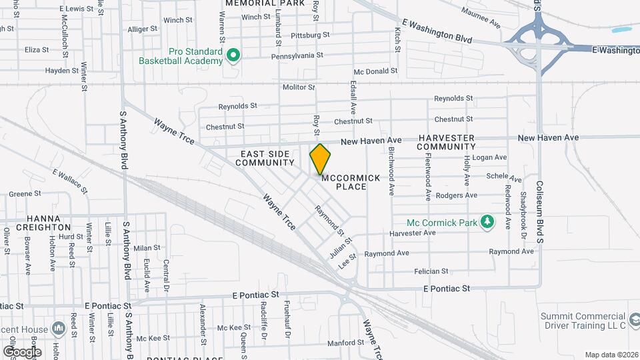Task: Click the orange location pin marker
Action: click(320, 159)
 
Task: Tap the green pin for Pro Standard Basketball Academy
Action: click(233, 55)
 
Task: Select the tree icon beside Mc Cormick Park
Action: click(488, 221)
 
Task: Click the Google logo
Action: click(21, 351)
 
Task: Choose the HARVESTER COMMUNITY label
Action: click(447, 141)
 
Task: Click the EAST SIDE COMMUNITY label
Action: click(265, 158)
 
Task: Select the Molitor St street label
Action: click(298, 87)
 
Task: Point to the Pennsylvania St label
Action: click(297, 56)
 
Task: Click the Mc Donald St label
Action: click(375, 71)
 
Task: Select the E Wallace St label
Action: click(70, 181)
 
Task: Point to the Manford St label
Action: click(345, 343)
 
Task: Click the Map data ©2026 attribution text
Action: click(611, 355)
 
